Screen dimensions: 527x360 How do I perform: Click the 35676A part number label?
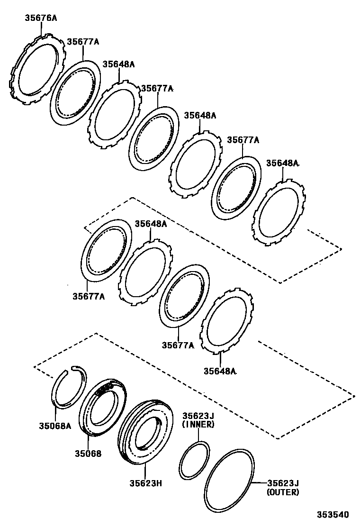point(40,18)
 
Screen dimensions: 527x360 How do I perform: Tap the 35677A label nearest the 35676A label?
point(82,42)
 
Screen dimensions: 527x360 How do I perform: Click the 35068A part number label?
point(55,426)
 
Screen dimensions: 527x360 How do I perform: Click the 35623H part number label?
point(146,483)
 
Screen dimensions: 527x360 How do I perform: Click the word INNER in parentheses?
point(198,425)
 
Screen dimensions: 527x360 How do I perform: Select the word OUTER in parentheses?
point(283,492)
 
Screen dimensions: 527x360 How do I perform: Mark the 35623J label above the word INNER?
point(198,416)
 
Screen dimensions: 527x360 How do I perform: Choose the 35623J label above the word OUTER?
point(283,483)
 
